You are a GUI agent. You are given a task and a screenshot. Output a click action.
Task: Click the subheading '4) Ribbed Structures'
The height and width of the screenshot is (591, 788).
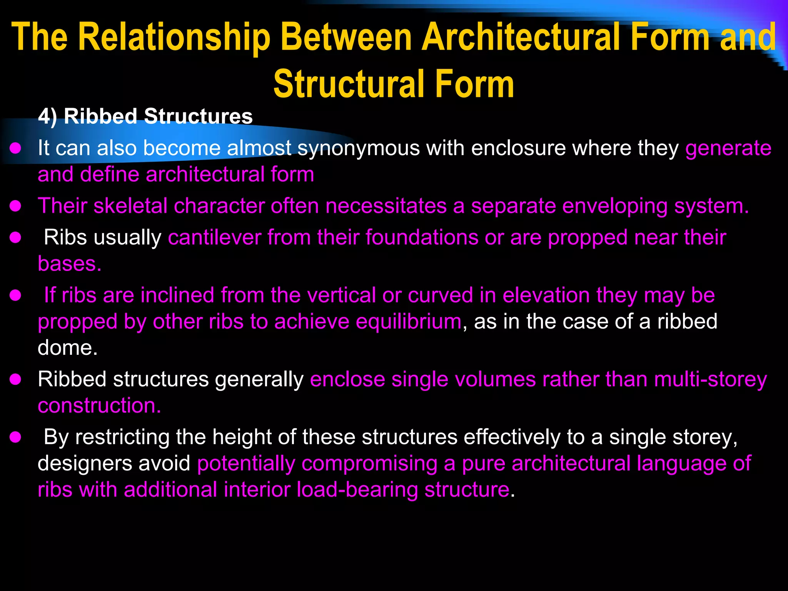(145, 116)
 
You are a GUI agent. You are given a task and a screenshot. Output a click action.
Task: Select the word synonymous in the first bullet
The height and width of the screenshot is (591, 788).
(358, 148)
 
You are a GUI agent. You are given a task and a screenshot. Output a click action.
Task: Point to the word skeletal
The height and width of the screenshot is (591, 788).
(130, 206)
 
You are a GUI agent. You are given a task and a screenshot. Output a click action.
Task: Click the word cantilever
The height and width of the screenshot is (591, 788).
(215, 237)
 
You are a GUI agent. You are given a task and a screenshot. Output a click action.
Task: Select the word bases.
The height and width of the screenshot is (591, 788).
(69, 264)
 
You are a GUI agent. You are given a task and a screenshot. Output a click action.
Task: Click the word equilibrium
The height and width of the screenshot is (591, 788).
(408, 322)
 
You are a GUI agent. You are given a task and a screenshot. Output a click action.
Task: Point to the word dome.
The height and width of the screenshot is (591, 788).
(67, 348)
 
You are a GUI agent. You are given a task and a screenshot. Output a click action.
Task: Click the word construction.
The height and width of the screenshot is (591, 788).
(99, 406)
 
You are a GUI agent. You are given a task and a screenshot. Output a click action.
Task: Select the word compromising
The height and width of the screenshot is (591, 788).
(369, 463)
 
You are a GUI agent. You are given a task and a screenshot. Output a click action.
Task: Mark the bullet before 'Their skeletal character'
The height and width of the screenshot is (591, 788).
(15, 206)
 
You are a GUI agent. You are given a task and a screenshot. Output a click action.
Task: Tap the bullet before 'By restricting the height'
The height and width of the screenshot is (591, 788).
(15, 437)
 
